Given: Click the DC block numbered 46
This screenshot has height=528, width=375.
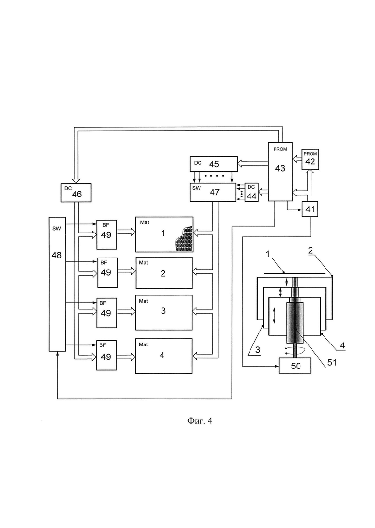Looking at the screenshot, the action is (76, 193).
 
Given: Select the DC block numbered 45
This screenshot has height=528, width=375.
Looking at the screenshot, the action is (214, 164).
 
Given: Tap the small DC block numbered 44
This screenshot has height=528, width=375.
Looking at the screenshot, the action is (252, 192).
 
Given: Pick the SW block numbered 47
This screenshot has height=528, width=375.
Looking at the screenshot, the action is (213, 192).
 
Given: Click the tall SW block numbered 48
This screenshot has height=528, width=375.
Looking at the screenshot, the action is (57, 284).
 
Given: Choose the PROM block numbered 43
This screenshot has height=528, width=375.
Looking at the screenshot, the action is (280, 172).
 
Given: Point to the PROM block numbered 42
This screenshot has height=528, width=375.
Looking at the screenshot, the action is (310, 160).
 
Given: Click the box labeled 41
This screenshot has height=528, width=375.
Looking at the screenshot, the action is (310, 209).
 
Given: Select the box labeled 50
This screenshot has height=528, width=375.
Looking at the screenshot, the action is (295, 366).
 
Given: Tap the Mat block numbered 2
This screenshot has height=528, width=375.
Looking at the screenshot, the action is (164, 273).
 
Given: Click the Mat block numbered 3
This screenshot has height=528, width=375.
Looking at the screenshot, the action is (164, 312).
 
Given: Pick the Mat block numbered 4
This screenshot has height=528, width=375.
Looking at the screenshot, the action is (164, 356).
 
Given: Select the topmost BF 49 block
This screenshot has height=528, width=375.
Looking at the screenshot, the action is (107, 235).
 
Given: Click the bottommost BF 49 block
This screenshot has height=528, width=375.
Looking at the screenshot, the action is (106, 355).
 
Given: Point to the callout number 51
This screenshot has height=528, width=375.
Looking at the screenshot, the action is (332, 362).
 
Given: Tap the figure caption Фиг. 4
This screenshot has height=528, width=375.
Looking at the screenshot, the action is (200, 420).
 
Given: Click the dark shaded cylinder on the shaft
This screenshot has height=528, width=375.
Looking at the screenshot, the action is (295, 322).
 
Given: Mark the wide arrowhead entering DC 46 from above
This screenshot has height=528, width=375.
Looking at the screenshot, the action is (76, 180).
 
